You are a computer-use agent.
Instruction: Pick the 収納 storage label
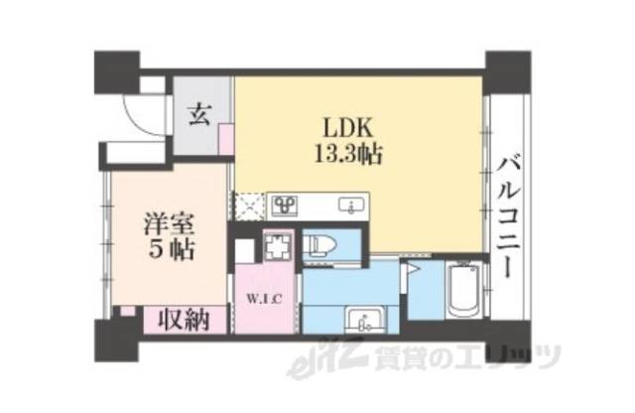[183, 320]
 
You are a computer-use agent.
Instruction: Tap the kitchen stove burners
[286, 206]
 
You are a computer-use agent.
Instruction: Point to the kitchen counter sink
[349, 206]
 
